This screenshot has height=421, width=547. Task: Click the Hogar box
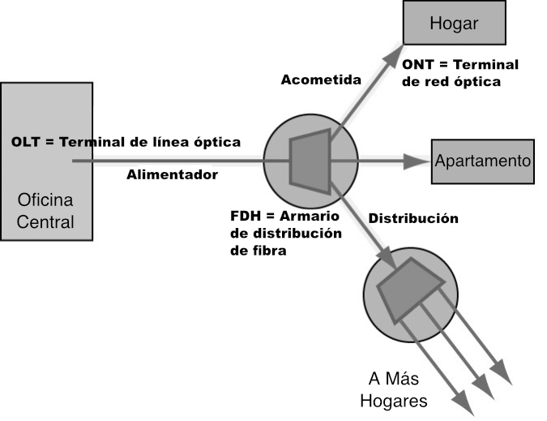coord(454,23)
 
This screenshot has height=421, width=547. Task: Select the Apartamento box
coord(483,161)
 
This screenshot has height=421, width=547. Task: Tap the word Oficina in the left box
coord(45,200)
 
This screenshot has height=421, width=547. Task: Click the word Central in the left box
coord(45,222)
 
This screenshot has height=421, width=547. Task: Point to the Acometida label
coord(321,79)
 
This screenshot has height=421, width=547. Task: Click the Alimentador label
coord(172,174)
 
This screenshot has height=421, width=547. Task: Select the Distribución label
coord(413,218)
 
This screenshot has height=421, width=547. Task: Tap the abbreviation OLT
coord(25,142)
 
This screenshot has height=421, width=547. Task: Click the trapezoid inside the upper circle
coord(310,161)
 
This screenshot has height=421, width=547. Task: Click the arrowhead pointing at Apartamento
coord(417,161)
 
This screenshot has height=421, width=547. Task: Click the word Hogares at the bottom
coord(394,401)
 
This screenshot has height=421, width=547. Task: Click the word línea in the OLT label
coord(168,142)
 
